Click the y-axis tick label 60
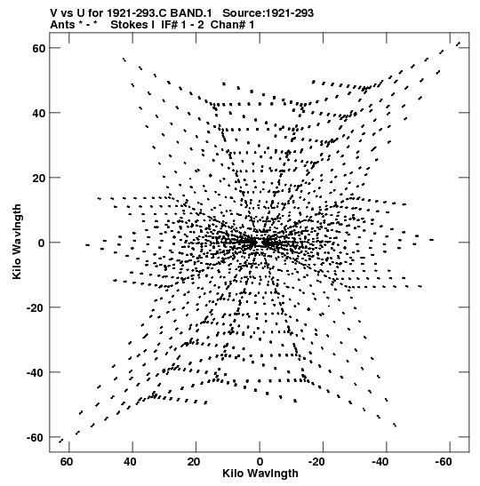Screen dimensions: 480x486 click(x=39, y=48)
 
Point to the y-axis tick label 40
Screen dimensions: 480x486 click(x=39, y=113)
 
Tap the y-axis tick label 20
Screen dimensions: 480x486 click(x=39, y=178)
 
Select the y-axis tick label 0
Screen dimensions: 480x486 click(x=42, y=243)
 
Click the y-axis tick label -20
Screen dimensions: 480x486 click(x=36, y=307)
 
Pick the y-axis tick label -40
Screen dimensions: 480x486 click(x=36, y=372)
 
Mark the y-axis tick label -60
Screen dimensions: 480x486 click(x=36, y=438)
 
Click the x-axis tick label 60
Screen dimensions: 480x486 click(x=67, y=462)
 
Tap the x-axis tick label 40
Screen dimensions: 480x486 click(x=130, y=462)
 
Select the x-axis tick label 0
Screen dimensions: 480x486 click(x=260, y=462)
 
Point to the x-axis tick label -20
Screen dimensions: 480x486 click(x=316, y=462)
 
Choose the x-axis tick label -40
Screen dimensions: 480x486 click(x=380, y=462)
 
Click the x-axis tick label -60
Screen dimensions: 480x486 click(x=444, y=462)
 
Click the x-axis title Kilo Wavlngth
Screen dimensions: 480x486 click(x=260, y=474)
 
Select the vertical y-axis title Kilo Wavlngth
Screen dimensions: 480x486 click(x=17, y=242)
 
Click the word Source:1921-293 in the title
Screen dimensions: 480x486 click(x=268, y=13)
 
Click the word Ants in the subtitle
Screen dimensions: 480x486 click(x=62, y=25)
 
